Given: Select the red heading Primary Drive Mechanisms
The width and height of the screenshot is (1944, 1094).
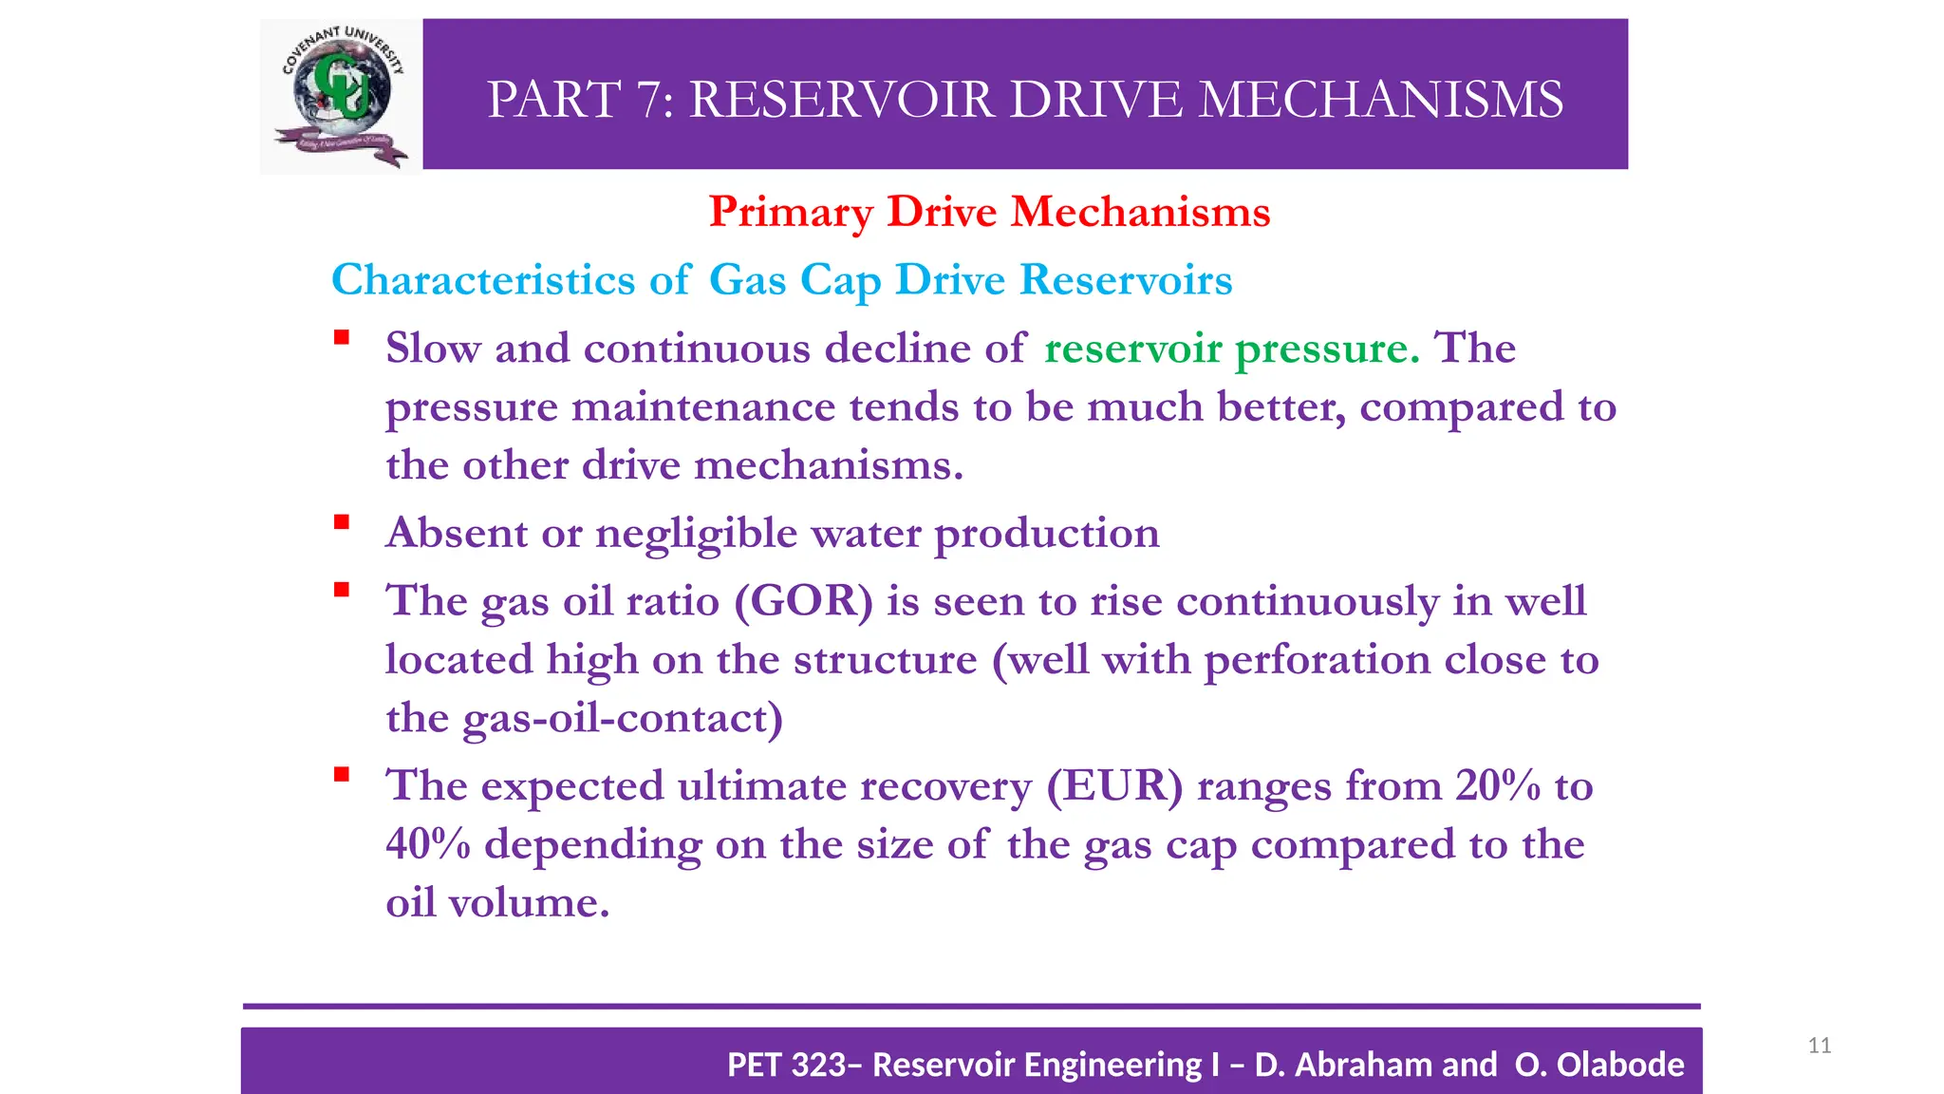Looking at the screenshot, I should [x=989, y=212].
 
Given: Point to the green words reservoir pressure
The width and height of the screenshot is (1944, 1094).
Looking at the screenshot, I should [x=1231, y=349].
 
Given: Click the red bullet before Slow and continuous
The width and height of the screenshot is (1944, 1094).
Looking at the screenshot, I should [x=342, y=337].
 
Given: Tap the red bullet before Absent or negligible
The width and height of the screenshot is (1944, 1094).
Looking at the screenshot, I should [x=342, y=521].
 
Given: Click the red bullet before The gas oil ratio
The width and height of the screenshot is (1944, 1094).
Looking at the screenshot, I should [x=342, y=590].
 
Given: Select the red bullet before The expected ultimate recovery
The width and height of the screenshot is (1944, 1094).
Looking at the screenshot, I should [x=342, y=774].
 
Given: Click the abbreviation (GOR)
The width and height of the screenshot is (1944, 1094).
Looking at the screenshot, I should [x=803, y=601].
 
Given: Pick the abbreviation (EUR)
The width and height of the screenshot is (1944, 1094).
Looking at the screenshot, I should [x=1114, y=785].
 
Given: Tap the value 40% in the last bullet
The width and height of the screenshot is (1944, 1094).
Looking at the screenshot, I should [x=428, y=844].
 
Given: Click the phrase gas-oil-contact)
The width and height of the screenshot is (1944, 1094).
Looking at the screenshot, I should [x=622, y=719].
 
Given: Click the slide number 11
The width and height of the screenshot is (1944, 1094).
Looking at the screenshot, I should [x=1819, y=1046].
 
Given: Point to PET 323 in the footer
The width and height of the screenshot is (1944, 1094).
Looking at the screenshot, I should [x=787, y=1065].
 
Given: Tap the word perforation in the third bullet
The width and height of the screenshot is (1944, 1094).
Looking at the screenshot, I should [x=1317, y=660].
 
